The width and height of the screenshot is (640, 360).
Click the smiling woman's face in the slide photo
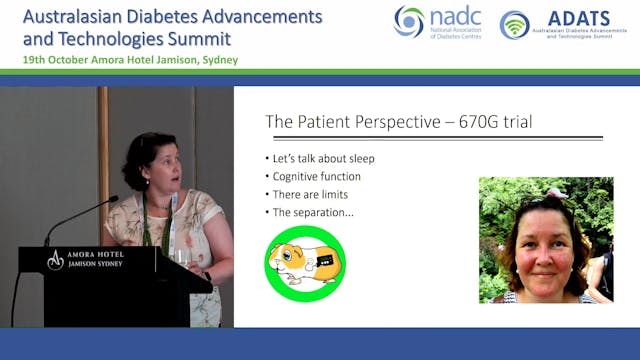click(545, 250)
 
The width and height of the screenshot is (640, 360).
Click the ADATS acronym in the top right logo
click(578, 17)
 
